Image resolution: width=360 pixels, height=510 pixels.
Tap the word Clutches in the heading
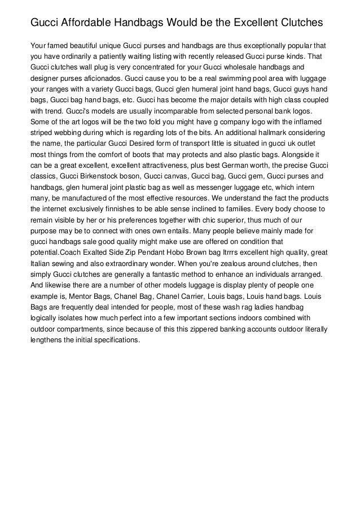297,23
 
